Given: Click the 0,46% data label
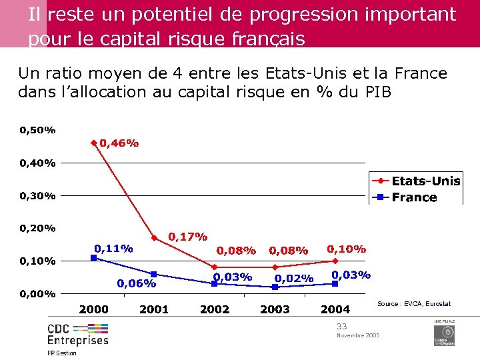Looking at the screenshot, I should coord(119,143).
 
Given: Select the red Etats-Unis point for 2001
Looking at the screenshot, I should coord(154,238).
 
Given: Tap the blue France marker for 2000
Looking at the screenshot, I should coord(94,257).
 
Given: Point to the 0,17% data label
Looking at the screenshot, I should coord(187,236).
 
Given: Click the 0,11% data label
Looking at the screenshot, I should coord(113,248).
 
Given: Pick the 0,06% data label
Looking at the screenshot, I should coord(137,283).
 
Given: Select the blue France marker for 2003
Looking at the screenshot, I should coord(275,287).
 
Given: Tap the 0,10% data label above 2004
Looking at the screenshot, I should coord(346,249).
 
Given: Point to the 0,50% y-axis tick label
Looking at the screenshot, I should coord(38,130).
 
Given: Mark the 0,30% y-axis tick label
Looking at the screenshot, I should coord(38,195).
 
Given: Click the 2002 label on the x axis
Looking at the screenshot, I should coord(215,309).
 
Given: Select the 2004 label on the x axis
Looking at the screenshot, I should coord(335,309).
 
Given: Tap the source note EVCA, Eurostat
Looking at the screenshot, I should coord(414,304).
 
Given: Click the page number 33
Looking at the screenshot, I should coord(342,326).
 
